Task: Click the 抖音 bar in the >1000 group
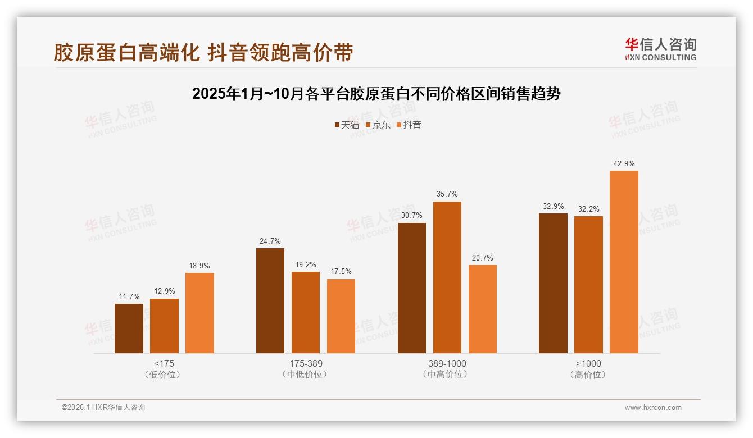coord(624,262)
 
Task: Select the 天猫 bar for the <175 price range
coord(129,328)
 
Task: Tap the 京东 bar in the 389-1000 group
coord(447,277)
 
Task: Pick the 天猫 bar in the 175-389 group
coord(270,300)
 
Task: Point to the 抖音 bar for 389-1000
coord(482,309)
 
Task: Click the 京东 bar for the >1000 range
coord(588,285)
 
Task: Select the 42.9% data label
coord(624,164)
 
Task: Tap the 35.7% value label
coord(447,194)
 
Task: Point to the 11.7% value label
coord(129,296)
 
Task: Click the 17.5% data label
coord(341,272)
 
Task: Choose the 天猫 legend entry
coord(347,125)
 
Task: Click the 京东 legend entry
coord(378,125)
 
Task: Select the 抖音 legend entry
coord(409,125)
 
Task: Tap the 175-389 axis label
coord(306,363)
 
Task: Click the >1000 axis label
coord(588,363)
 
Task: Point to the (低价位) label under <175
coord(164,375)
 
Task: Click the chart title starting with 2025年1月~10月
coord(376,94)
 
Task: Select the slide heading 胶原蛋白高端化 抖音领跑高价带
coord(203,52)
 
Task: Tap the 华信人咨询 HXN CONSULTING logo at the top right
coord(660,49)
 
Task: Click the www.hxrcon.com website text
coord(653,408)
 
